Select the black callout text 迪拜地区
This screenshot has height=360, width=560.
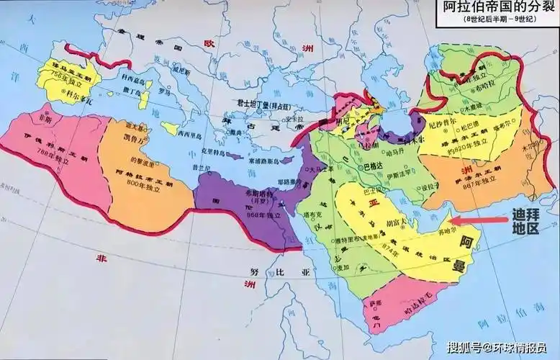[x=525, y=220]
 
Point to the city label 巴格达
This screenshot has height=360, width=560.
[x=372, y=166]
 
